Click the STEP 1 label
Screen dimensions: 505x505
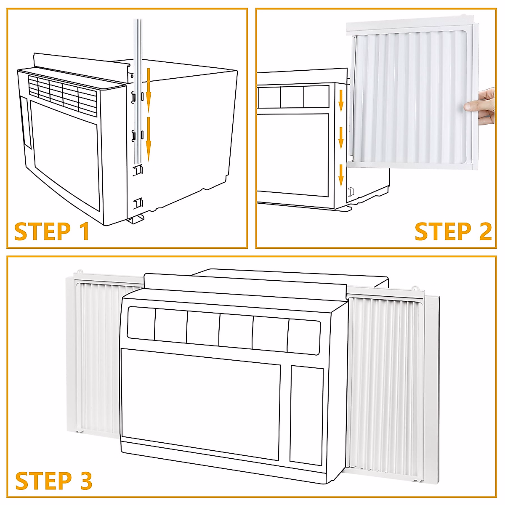tap(52, 231)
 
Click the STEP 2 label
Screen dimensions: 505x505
tap(453, 231)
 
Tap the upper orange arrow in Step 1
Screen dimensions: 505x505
tap(148, 90)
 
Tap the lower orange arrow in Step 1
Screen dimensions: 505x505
tap(148, 139)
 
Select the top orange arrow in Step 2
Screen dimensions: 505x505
tap(341, 101)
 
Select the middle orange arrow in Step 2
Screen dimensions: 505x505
tap(341, 138)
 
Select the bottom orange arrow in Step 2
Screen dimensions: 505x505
tap(341, 175)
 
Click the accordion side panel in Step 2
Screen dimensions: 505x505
tap(412, 95)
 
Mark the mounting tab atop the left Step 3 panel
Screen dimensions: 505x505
tap(80, 273)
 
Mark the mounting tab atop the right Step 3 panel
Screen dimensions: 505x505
tap(415, 289)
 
